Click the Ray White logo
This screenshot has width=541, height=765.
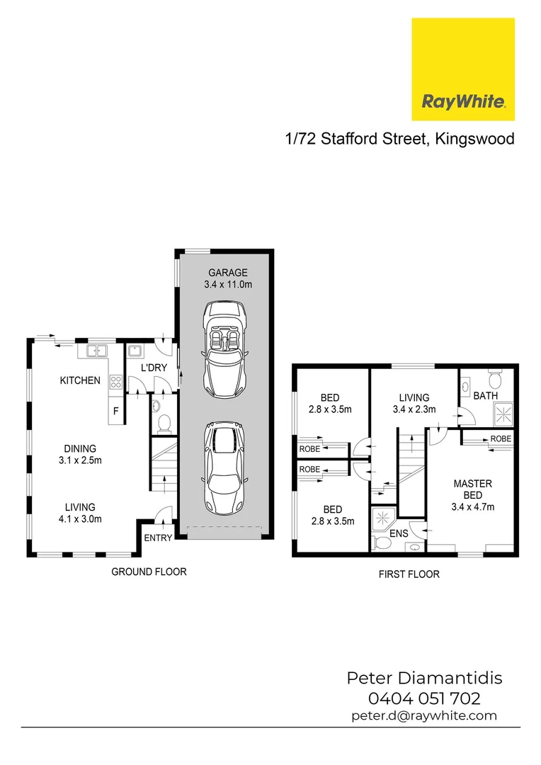(x=463, y=69)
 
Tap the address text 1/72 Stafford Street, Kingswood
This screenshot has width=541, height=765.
(x=399, y=138)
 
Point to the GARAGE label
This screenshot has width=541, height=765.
(x=227, y=273)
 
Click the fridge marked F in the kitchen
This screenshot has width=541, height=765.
(x=115, y=412)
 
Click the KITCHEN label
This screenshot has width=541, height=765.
(x=80, y=380)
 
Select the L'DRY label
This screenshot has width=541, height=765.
(x=153, y=368)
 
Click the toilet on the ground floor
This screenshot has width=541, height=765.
(x=164, y=422)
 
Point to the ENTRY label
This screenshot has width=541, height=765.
(x=158, y=538)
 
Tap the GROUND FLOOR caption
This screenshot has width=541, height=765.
(x=149, y=572)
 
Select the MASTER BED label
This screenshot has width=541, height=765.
(x=472, y=489)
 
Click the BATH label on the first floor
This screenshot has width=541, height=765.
(x=485, y=396)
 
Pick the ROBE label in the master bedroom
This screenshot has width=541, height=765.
(x=501, y=439)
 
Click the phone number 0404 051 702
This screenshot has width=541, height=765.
(x=424, y=698)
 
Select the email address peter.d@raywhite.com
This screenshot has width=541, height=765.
(x=424, y=716)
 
